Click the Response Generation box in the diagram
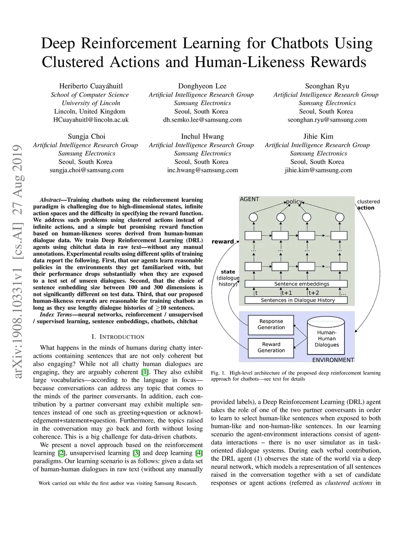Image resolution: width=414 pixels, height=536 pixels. (x=271, y=324)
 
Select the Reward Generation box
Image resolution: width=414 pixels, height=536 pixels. (x=271, y=347)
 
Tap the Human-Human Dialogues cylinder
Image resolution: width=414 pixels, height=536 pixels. (x=326, y=336)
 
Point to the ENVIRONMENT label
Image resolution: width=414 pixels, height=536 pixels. (x=333, y=360)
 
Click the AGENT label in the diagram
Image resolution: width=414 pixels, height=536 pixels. (x=249, y=199)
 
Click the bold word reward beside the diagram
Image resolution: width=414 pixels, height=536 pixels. (x=223, y=242)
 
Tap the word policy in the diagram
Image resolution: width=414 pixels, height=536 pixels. (x=294, y=201)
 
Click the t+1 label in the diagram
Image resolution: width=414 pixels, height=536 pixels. (x=287, y=293)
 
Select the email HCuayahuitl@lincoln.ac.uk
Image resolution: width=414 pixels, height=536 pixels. (x=91, y=120)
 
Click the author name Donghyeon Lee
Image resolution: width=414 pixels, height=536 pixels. (x=202, y=86)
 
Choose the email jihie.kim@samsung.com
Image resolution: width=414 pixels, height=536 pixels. (x=318, y=170)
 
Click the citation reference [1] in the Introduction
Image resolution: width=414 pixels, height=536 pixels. (x=145, y=372)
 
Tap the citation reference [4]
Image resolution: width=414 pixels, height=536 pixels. (x=199, y=453)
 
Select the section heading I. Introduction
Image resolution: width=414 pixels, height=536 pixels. (x=118, y=337)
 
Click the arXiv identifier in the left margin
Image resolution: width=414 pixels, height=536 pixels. (x=18, y=263)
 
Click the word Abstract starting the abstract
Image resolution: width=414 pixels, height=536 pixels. (x=50, y=200)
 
